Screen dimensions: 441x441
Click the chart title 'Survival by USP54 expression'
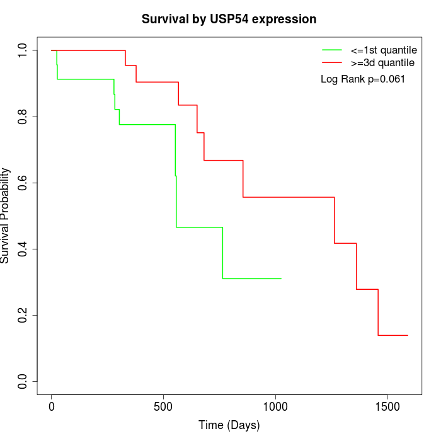tap(229, 19)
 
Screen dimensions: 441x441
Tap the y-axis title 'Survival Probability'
tap(6, 215)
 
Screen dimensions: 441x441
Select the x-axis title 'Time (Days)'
tap(229, 425)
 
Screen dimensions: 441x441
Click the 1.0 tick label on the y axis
tap(23, 50)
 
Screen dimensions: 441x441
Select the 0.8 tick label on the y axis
tap(23, 117)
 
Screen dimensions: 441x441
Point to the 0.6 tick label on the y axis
tap(23, 183)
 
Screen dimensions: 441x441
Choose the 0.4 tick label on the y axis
tap(23, 249)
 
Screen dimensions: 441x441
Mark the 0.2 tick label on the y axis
tap(23, 315)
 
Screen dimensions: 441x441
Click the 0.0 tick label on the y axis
tap(23, 381)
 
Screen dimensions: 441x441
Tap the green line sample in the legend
tap(332, 50)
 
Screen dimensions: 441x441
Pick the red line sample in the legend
tap(332, 62)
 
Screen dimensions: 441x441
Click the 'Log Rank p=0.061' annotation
tap(363, 79)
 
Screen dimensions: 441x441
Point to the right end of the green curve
tap(281, 278)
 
